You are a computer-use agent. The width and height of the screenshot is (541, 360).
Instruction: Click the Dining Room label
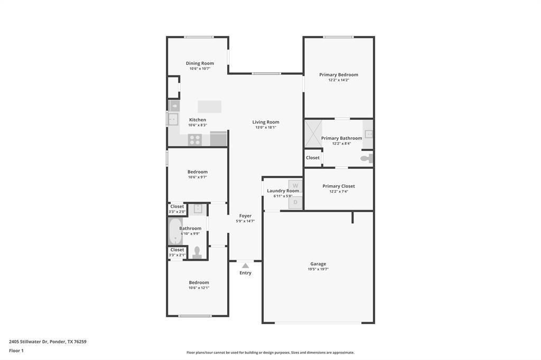click(x=200, y=63)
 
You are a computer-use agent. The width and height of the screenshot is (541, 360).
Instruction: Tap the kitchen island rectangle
click(x=209, y=107)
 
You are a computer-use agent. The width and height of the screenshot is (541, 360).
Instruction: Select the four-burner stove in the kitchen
click(x=195, y=140)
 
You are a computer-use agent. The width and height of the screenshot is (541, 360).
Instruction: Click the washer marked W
click(x=295, y=186)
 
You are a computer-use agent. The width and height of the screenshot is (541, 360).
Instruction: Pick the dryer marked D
click(x=295, y=202)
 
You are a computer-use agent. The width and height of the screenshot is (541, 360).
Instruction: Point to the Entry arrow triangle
click(x=245, y=266)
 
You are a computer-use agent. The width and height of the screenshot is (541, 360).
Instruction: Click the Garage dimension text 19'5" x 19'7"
click(x=318, y=269)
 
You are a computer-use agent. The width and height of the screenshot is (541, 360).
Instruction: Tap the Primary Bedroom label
click(x=339, y=75)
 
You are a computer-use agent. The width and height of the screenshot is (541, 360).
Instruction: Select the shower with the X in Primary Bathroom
click(x=313, y=134)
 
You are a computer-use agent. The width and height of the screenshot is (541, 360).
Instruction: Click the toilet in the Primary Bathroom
click(x=366, y=158)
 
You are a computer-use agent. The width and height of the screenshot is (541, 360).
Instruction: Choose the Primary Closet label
click(x=339, y=186)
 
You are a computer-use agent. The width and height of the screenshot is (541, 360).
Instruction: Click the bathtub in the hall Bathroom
click(x=175, y=232)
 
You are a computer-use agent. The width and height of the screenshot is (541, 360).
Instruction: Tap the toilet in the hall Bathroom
click(x=197, y=252)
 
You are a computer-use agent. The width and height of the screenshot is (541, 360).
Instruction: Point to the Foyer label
click(x=245, y=216)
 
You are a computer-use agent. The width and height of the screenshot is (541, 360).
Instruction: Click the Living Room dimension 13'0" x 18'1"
click(x=266, y=127)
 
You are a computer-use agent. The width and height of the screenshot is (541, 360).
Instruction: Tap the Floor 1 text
click(x=16, y=350)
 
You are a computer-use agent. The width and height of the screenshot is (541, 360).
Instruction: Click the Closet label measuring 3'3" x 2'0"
click(x=177, y=206)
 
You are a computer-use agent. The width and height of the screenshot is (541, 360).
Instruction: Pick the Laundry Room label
click(x=283, y=191)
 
